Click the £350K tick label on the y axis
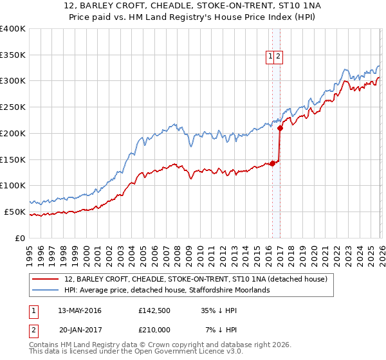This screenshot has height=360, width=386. tap(13, 55)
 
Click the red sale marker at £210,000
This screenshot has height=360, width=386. tap(280, 128)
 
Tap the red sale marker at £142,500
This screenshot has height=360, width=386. tap(272, 163)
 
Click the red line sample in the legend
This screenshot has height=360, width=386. tap(46, 279)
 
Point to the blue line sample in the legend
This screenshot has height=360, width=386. tap(46, 290)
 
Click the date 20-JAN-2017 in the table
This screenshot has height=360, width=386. tap(83, 331)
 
